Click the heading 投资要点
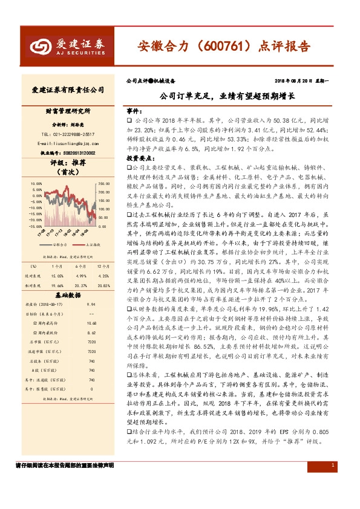click(x=138, y=158)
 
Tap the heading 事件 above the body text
click(x=133, y=112)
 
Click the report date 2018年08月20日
click(x=296, y=80)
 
